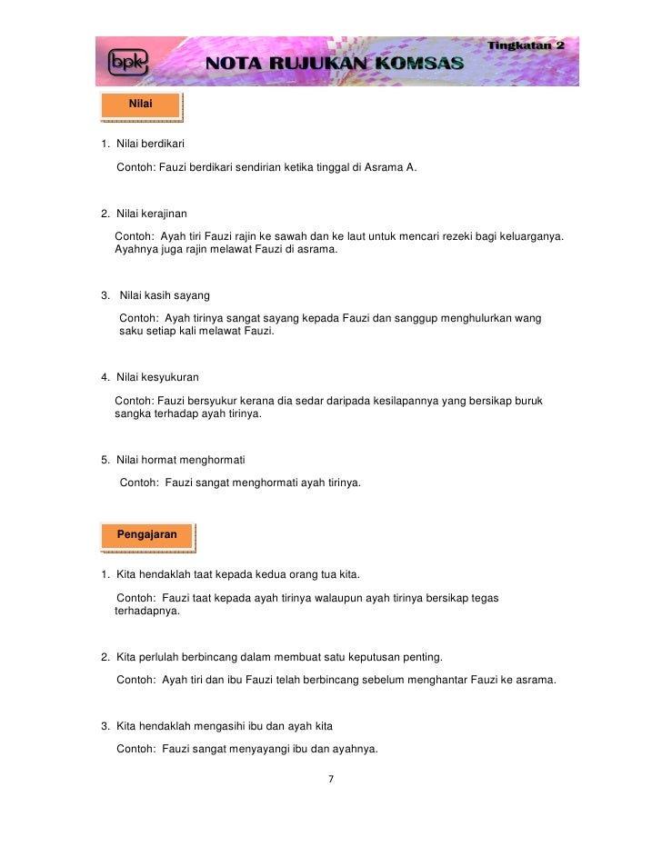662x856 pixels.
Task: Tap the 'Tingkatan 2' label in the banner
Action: coord(527,45)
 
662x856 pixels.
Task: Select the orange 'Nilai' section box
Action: coord(141,106)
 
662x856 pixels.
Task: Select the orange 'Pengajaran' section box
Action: coord(146,534)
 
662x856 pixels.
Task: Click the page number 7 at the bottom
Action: coord(331,779)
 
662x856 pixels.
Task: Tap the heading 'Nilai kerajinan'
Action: coord(151,214)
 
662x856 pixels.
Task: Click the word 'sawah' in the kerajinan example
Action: coord(294,237)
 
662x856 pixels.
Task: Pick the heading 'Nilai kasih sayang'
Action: coord(165,295)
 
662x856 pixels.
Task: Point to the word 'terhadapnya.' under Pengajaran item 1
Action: coord(147,612)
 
